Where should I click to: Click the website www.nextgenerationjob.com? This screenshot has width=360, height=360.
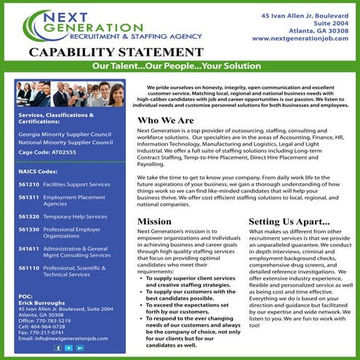[300, 38]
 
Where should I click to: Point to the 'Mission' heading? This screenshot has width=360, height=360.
[154, 220]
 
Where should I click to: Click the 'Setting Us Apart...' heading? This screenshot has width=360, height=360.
[289, 220]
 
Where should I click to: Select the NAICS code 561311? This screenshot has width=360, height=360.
[29, 197]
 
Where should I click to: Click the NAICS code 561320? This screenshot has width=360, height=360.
[29, 217]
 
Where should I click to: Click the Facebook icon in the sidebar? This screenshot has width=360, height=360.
[57, 348]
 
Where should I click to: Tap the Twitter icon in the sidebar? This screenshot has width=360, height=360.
[68, 348]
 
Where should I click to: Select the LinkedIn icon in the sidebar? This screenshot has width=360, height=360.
[79, 348]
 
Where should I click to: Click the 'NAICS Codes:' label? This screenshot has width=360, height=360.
[39, 172]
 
